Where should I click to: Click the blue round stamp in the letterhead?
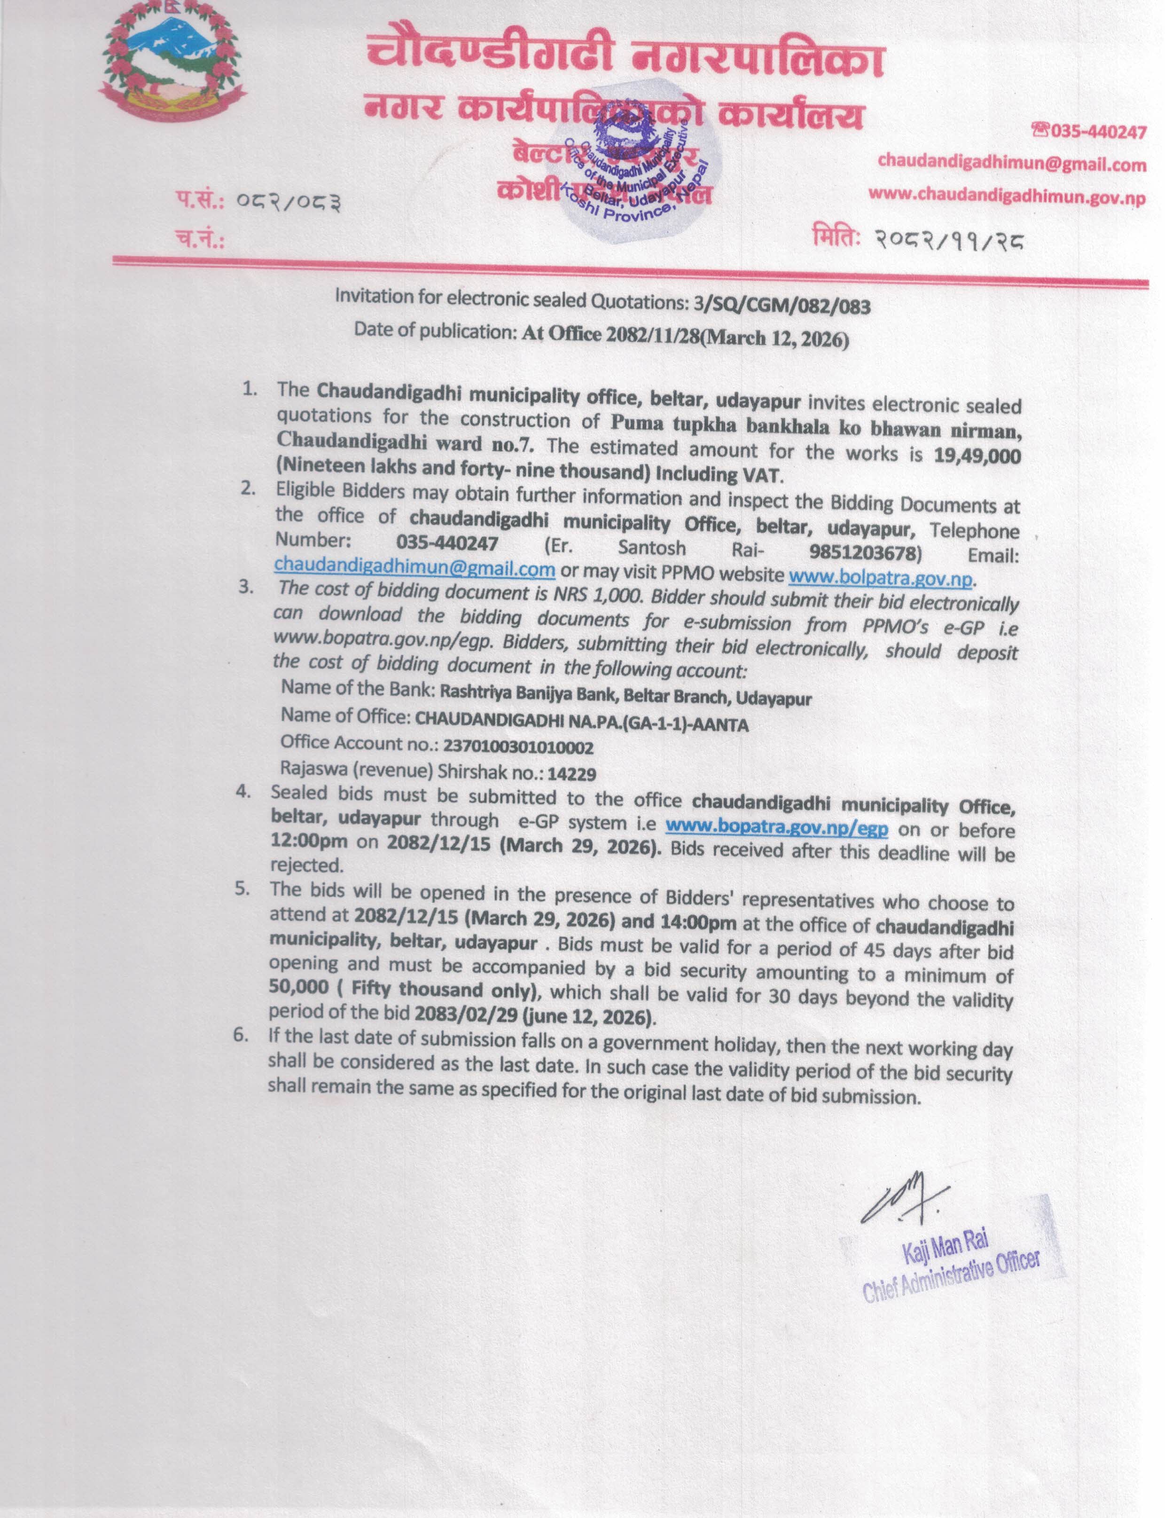624,177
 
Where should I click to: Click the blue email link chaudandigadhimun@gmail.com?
414,569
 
